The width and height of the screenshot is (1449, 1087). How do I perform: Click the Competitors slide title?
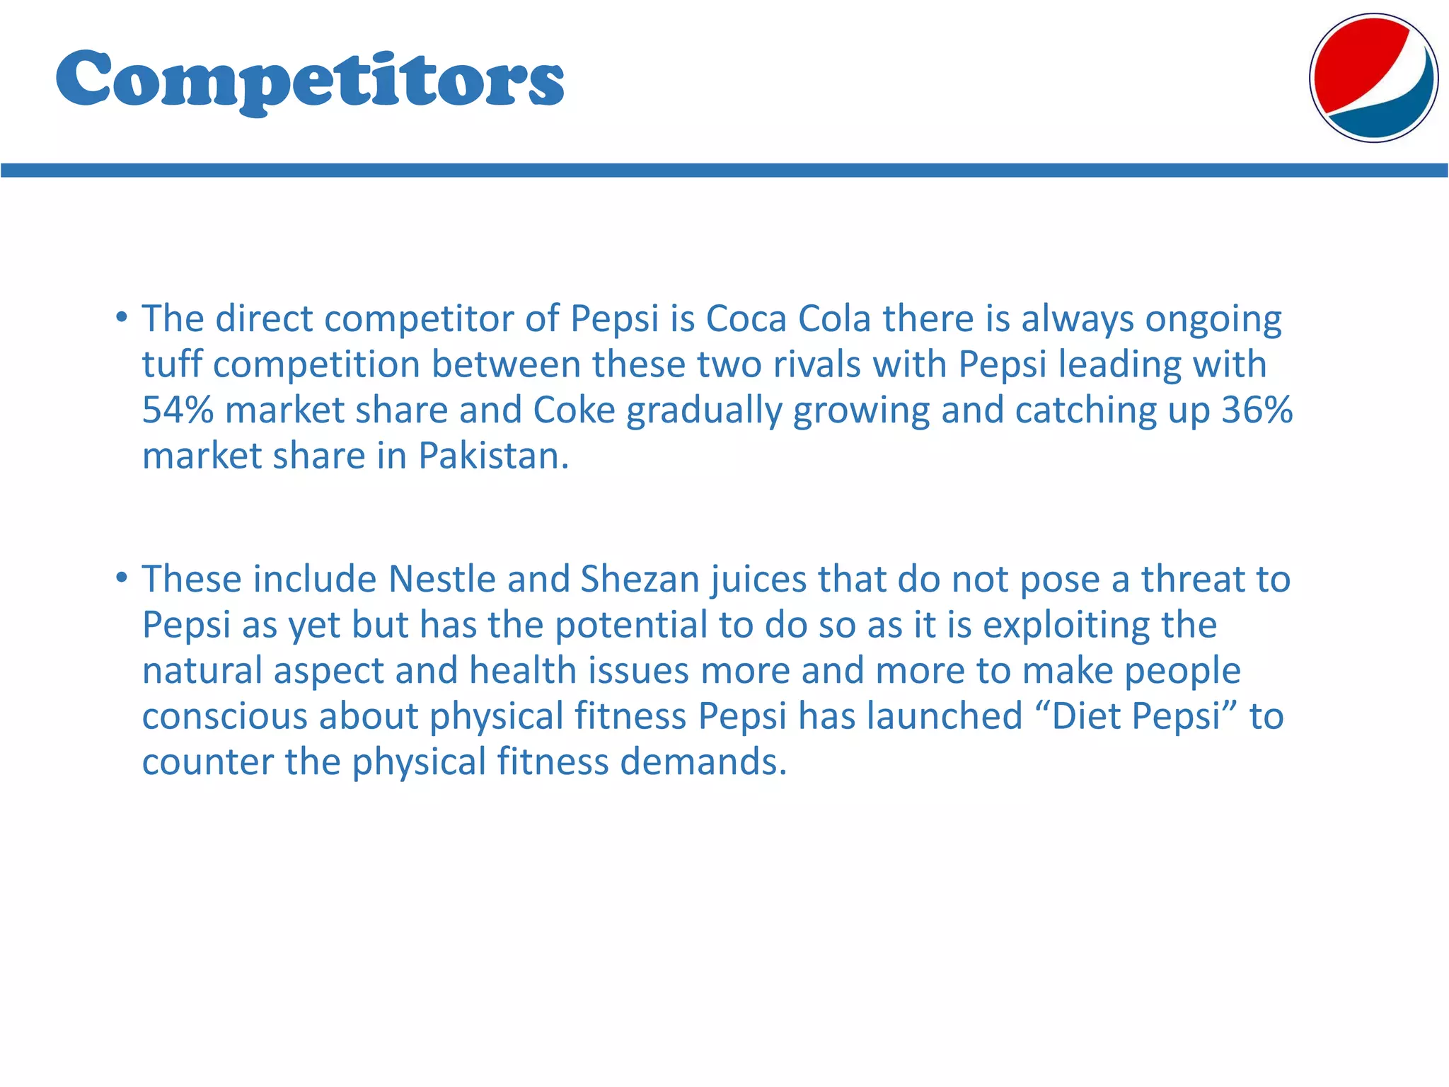(x=309, y=79)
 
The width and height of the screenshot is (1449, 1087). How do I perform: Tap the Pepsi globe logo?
(x=1373, y=78)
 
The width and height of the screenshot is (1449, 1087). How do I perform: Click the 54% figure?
(x=178, y=410)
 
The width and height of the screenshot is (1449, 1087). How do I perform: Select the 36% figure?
(x=1257, y=410)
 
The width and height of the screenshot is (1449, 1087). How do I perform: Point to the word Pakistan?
(x=492, y=456)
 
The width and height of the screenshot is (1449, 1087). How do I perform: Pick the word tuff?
(x=172, y=364)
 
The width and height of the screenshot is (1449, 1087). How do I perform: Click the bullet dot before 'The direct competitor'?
(x=122, y=316)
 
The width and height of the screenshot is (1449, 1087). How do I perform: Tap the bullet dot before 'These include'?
(x=122, y=577)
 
